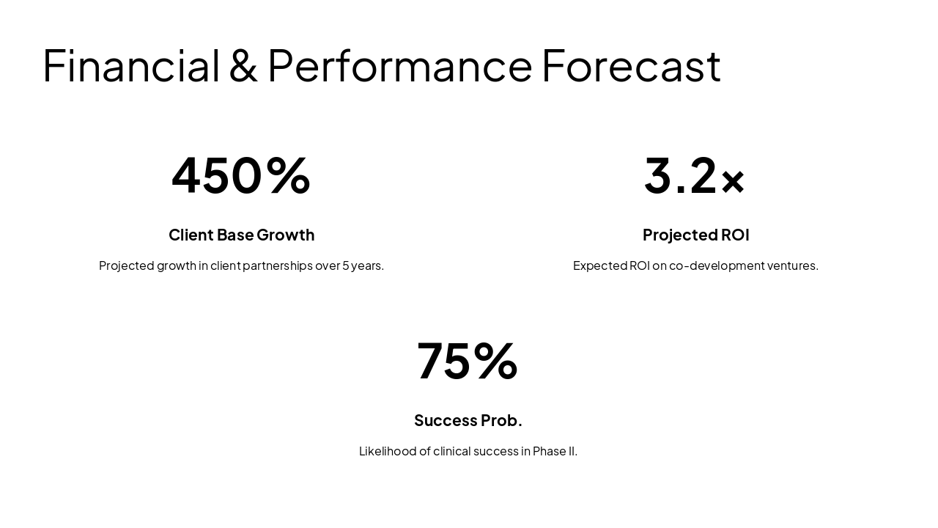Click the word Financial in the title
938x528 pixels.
tap(131, 65)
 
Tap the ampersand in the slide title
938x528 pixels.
tap(243, 65)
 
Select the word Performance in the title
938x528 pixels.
tap(399, 65)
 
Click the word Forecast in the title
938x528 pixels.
tap(631, 65)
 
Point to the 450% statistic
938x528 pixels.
tap(241, 175)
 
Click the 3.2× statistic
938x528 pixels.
tap(695, 175)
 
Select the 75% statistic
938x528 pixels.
tap(468, 361)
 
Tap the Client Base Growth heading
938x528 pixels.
tap(241, 235)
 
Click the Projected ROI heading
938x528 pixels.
tap(695, 235)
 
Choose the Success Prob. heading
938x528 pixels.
tap(468, 420)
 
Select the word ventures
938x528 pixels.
tap(793, 265)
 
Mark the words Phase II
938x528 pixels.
tap(555, 451)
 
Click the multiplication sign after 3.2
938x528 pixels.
tap(733, 181)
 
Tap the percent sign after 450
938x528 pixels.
tap(288, 175)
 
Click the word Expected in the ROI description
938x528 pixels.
tap(599, 265)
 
